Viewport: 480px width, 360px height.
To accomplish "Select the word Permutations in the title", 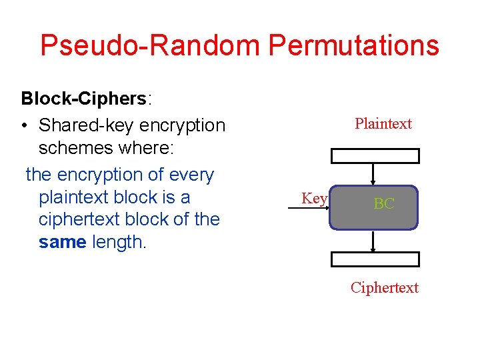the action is (x=353, y=45).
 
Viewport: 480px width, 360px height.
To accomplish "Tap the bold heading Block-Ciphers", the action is (x=83, y=99).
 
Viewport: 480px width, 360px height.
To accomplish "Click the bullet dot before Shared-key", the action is (x=25, y=125).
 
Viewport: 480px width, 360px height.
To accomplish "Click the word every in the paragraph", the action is (x=191, y=175).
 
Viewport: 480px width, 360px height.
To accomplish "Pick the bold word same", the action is (x=62, y=242).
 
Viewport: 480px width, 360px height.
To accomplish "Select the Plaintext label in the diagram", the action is (x=383, y=123).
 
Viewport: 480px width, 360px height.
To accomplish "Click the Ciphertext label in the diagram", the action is (x=385, y=287).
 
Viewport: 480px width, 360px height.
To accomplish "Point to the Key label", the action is (x=314, y=198).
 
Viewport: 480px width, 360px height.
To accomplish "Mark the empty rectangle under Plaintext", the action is (x=376, y=156).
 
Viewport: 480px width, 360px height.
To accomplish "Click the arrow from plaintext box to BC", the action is (x=374, y=174).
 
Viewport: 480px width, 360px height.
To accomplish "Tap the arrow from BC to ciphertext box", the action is (x=373, y=241).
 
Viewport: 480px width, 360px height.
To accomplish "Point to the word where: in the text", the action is (x=146, y=149).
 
